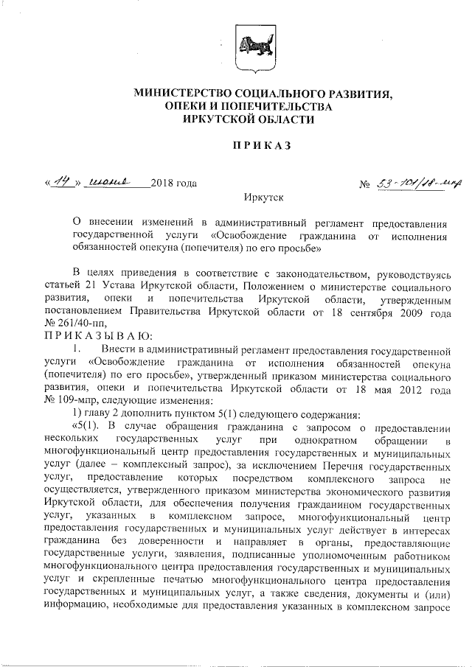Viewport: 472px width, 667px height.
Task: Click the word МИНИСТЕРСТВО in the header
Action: click(184, 94)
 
